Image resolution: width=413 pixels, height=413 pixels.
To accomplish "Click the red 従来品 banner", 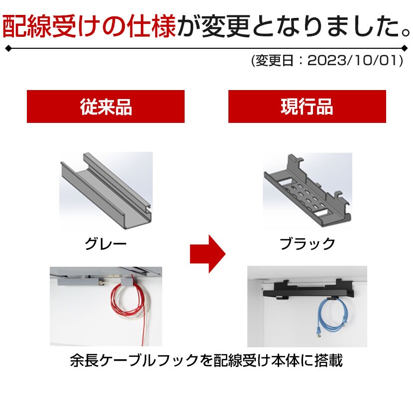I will [x=105, y=106].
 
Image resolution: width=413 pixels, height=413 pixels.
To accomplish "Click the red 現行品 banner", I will [x=307, y=106].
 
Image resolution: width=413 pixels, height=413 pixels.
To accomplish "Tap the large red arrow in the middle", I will [x=207, y=254].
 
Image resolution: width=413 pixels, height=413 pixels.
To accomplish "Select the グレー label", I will [x=105, y=244].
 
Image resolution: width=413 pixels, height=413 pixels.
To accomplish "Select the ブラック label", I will [x=307, y=244].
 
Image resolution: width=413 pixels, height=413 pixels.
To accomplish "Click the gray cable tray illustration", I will [x=105, y=187].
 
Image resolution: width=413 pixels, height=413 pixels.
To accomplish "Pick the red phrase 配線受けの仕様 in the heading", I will [x=89, y=27].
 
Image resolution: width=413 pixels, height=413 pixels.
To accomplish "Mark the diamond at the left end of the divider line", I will [x=7, y=48].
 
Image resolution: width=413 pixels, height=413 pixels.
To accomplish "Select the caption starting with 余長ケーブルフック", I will [x=206, y=361].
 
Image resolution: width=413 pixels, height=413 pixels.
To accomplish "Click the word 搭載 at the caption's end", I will [x=330, y=361].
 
